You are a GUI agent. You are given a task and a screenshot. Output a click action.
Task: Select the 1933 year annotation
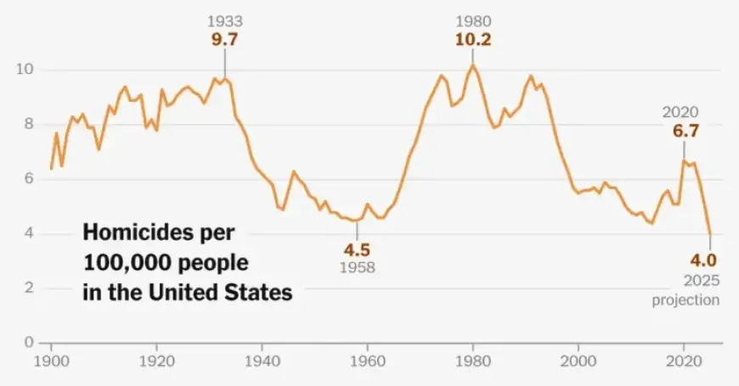(224, 20)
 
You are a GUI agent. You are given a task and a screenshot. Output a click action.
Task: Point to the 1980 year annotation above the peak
(473, 20)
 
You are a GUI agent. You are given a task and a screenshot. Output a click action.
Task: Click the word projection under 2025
(686, 299)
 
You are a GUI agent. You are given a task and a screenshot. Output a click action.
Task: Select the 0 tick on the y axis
(30, 343)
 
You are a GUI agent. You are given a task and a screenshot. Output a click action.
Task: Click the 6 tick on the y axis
(30, 179)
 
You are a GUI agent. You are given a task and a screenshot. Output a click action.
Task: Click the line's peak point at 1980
(473, 65)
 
